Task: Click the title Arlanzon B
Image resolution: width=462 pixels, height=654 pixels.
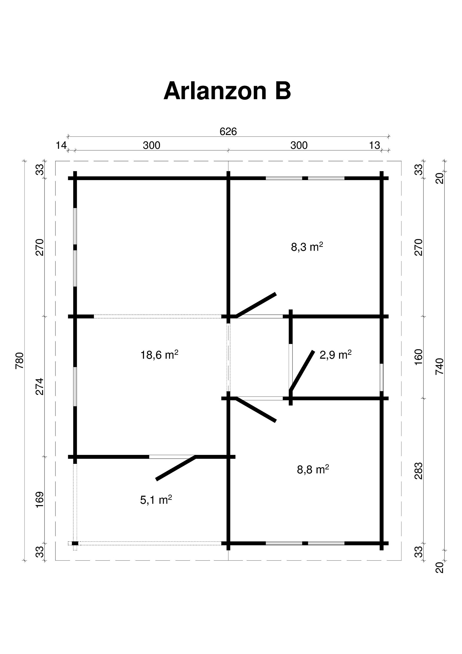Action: point(227,91)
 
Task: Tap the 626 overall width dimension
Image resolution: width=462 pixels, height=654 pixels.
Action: point(228,131)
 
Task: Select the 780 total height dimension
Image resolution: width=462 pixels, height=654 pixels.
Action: point(19,361)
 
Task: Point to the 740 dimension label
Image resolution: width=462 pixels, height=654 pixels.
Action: point(439,366)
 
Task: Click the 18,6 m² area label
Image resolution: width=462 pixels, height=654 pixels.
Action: point(159,355)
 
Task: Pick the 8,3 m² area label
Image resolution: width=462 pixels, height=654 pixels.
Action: point(307,247)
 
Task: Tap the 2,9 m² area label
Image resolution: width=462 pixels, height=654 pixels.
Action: point(336,355)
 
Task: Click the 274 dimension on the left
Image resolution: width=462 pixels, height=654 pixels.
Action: point(40,386)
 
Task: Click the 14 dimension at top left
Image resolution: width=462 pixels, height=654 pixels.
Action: point(61,145)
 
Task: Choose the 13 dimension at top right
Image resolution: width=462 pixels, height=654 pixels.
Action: point(375,145)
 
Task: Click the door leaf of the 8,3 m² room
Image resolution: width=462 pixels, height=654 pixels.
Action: point(256,305)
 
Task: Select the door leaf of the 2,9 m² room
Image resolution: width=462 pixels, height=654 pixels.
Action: point(302,371)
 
